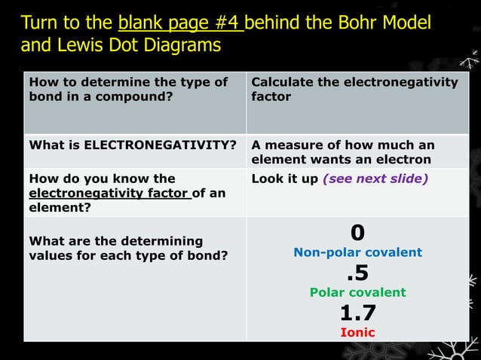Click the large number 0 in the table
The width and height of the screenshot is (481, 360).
(357, 232)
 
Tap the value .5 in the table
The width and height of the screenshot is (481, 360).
(357, 272)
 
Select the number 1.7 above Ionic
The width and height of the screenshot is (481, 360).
(357, 313)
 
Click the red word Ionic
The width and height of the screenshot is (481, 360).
(357, 332)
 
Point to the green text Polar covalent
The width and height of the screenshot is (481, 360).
(357, 292)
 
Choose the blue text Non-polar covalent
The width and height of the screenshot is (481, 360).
(357, 252)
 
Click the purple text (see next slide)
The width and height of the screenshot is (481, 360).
(375, 178)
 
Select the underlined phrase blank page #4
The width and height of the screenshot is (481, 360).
(180, 23)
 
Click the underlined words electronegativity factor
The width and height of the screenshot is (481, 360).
(109, 193)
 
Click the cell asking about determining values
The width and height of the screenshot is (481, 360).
(115, 248)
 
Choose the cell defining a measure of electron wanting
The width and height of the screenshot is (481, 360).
(342, 151)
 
